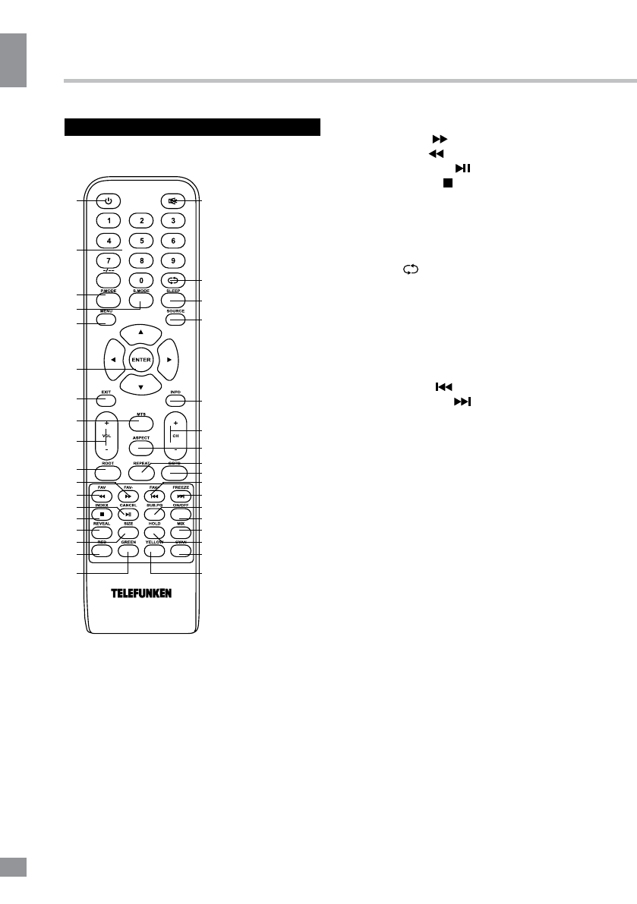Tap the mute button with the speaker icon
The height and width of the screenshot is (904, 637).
[173, 201]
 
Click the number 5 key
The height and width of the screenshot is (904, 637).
[140, 241]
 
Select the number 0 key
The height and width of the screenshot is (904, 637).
[140, 281]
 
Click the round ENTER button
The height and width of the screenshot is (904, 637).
[140, 359]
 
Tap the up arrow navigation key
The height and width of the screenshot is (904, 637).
[140, 333]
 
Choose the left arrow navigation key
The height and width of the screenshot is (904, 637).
[114, 359]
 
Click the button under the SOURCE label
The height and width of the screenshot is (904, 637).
[175, 320]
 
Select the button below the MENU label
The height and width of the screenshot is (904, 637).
[106, 320]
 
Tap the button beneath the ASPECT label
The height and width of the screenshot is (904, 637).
[140, 449]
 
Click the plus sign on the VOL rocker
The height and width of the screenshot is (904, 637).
[106, 422]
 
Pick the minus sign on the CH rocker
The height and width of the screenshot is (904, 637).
[175, 450]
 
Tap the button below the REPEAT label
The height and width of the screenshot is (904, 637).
[140, 474]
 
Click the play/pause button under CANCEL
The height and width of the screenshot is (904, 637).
[128, 514]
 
